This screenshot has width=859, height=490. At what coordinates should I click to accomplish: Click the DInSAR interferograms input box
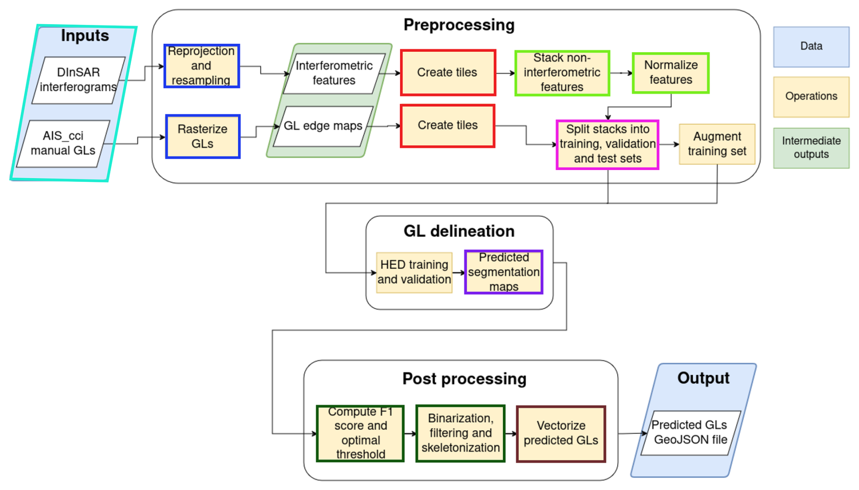(x=78, y=80)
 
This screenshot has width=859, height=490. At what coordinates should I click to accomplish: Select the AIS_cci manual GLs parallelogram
(x=63, y=143)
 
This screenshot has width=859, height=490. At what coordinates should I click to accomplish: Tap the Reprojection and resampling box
(x=202, y=66)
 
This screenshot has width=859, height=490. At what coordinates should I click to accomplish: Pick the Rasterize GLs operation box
(x=202, y=137)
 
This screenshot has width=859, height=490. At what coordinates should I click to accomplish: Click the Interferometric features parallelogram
(x=334, y=73)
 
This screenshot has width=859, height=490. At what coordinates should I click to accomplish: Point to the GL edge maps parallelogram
(x=323, y=126)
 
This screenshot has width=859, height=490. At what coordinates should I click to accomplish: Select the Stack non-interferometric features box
(x=562, y=73)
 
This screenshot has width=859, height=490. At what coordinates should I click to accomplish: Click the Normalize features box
(x=671, y=73)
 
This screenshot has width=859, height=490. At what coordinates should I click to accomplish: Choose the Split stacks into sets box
(x=607, y=144)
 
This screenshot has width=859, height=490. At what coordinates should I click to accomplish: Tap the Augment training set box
(x=717, y=144)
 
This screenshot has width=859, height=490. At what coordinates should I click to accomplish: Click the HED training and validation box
(x=414, y=272)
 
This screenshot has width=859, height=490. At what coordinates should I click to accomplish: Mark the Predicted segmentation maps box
(x=504, y=272)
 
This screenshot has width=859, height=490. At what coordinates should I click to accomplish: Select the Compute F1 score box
(x=360, y=433)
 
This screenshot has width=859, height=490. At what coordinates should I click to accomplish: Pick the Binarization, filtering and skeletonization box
(x=460, y=433)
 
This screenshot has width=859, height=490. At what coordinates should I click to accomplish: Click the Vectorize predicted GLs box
(x=561, y=433)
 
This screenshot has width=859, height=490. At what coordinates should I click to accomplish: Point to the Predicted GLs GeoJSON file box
(x=690, y=432)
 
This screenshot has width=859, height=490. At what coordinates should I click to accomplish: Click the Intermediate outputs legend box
(x=811, y=148)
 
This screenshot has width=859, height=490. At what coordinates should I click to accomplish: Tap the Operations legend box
(x=811, y=97)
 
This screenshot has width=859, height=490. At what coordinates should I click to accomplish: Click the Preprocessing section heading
(x=459, y=25)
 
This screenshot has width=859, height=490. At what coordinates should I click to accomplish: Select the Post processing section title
(x=464, y=379)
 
